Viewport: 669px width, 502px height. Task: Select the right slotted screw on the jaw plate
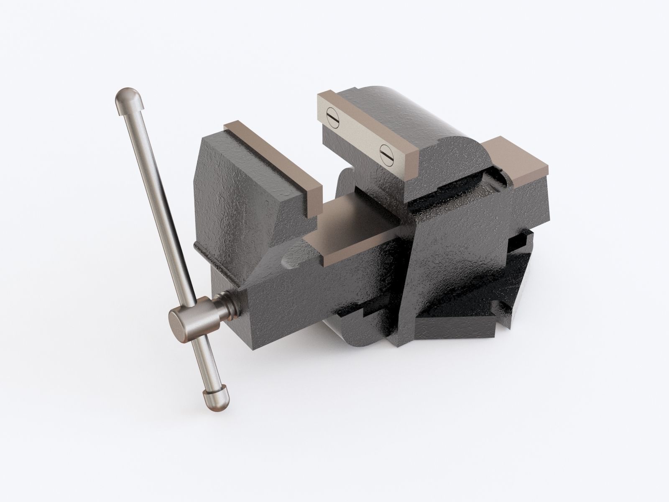(385, 153)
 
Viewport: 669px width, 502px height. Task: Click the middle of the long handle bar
(163, 209)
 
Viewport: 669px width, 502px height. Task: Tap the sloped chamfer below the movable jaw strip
(293, 209)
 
